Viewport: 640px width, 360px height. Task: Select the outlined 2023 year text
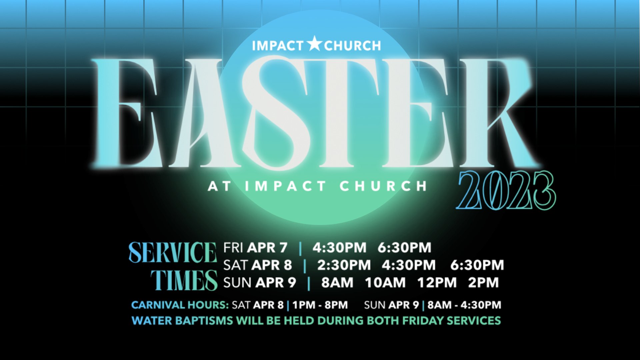point(506,191)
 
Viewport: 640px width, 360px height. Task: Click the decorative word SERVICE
point(173,252)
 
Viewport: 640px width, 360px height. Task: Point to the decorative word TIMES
point(184,280)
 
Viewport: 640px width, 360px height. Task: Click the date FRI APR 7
point(255,248)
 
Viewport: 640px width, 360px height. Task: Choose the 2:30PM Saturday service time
point(344,265)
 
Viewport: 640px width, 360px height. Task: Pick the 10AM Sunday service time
point(385,283)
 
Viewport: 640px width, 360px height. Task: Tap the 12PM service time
point(437,283)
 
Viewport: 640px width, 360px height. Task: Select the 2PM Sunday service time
point(483,283)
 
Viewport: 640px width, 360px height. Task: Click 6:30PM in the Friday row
point(404,248)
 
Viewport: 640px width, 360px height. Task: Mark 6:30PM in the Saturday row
point(477,265)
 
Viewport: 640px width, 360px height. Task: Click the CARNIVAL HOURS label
point(180,305)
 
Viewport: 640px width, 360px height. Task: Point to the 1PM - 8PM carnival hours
point(320,305)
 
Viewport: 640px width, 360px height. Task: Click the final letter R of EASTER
point(497,113)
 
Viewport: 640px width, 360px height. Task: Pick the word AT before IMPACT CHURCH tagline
point(219,186)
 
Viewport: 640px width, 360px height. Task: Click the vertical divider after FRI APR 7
point(300,248)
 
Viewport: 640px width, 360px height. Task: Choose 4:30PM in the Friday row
point(339,248)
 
